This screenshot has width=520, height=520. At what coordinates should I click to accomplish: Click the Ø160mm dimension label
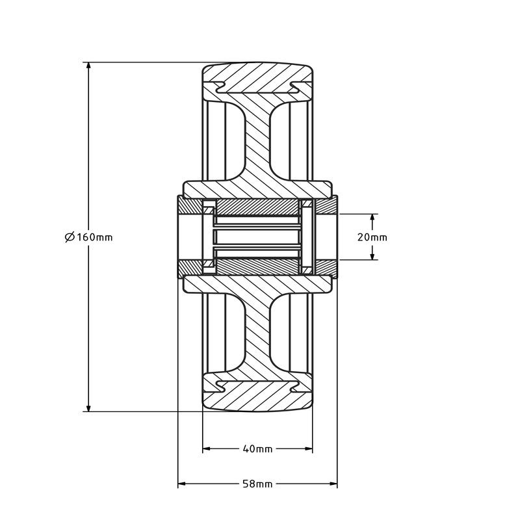point(89,237)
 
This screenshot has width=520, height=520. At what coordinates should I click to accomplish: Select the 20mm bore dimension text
point(372,237)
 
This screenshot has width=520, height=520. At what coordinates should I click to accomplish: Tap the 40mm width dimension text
point(257,449)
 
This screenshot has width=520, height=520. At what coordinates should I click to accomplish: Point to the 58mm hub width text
point(257,484)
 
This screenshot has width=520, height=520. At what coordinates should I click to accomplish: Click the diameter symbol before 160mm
point(70,237)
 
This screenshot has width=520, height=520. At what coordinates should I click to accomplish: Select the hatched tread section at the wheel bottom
point(257,397)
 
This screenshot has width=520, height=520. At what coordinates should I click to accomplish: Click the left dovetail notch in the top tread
point(218,86)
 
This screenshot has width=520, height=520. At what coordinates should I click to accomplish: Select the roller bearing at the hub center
point(257,237)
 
